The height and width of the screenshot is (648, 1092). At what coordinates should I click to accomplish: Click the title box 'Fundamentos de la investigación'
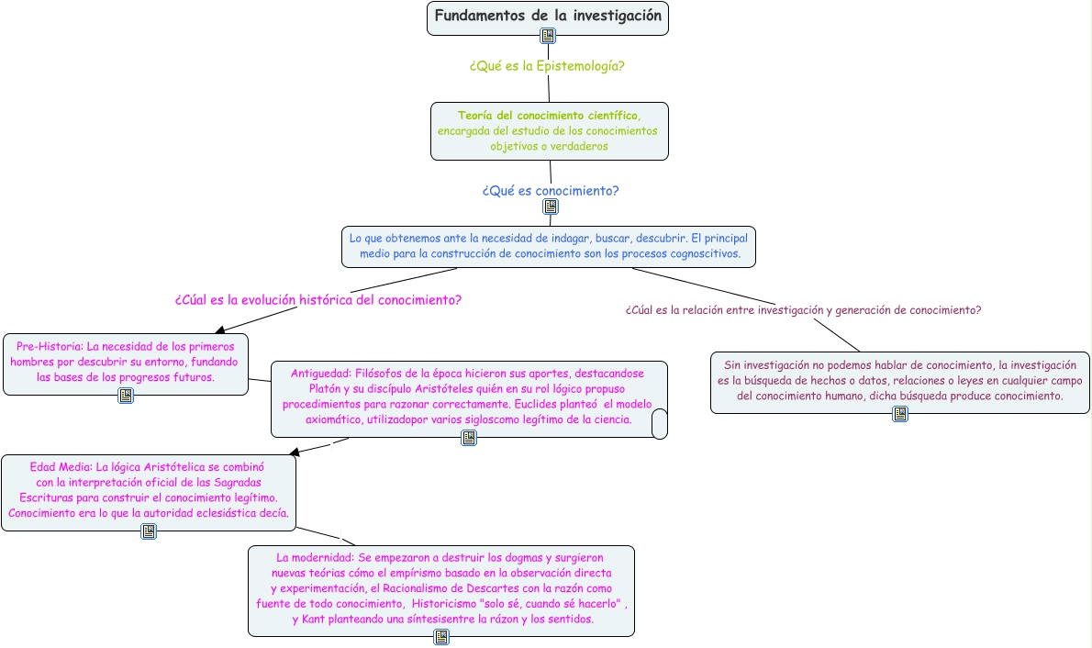tap(547, 17)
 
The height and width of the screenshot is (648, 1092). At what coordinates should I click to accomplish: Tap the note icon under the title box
tap(548, 36)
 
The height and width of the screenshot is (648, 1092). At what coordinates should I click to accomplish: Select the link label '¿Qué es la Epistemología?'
tap(547, 66)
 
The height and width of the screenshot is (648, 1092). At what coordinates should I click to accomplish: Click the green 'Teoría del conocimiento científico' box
tap(549, 130)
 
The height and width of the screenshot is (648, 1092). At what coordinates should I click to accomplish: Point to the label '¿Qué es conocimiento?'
tap(551, 191)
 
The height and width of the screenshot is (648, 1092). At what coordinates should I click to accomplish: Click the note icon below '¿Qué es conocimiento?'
tap(551, 207)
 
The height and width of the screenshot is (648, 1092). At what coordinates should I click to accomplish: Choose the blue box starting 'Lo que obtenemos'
tap(549, 246)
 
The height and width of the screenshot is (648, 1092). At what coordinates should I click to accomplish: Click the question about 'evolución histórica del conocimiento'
tap(318, 300)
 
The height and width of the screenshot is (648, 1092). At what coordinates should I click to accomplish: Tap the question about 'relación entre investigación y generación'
tap(803, 310)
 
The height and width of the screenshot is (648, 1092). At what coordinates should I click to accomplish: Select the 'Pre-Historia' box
tap(125, 362)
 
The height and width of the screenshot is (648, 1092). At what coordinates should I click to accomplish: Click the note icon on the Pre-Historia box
tap(126, 396)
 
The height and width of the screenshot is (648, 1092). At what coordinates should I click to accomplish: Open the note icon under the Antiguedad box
tap(469, 438)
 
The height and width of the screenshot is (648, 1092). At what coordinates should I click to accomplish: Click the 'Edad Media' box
tap(148, 490)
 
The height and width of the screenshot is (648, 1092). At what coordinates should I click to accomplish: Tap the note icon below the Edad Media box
tap(149, 531)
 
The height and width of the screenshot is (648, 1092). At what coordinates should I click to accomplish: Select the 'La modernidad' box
tap(440, 588)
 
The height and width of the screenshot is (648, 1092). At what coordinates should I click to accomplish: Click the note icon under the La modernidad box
tap(441, 636)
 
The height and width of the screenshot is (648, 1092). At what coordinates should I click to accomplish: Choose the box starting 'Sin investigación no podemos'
tap(899, 380)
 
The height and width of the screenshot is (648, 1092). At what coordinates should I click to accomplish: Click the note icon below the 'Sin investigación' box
tap(900, 414)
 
